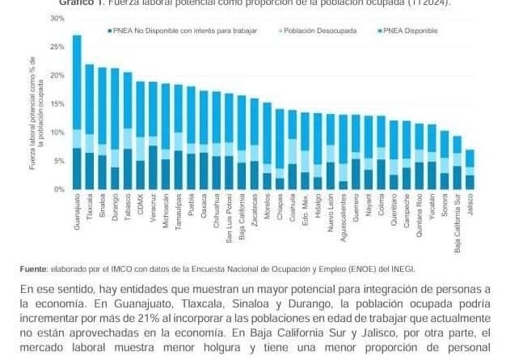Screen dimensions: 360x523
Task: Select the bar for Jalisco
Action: (470, 169)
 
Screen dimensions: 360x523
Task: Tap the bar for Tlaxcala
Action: (89, 126)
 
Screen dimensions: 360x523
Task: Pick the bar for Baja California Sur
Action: (458, 162)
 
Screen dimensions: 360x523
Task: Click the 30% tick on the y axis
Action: (56, 17)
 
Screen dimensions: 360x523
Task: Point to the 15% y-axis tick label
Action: (56, 104)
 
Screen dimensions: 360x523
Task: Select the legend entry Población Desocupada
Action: (308, 31)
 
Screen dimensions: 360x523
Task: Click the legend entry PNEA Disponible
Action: (412, 31)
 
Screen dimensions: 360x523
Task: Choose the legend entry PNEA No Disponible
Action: (184, 31)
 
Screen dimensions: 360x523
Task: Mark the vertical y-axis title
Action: (33, 114)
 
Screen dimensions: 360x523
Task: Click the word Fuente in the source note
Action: (32, 268)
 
